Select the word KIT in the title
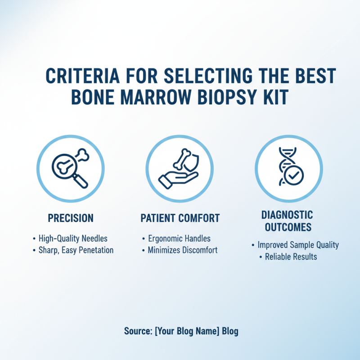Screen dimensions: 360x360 [275, 97]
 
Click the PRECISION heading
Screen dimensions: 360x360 [71, 219]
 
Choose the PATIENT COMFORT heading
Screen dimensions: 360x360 [180, 219]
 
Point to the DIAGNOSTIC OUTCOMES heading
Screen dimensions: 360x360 [288, 221]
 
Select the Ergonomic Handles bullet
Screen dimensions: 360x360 [179, 238]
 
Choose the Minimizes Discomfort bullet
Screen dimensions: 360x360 [182, 250]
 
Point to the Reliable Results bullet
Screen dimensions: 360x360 [291, 256]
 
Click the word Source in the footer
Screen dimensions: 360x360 [137, 332]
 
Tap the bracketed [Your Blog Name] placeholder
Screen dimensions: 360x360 [187, 332]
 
